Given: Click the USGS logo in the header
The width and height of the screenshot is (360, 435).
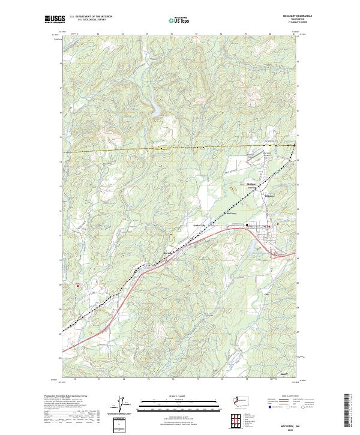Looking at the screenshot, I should click(x=55, y=19).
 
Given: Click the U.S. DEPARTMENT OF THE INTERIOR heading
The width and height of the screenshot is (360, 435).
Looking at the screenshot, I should click(x=91, y=16).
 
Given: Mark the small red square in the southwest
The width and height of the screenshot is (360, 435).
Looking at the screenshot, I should click(x=77, y=286).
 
